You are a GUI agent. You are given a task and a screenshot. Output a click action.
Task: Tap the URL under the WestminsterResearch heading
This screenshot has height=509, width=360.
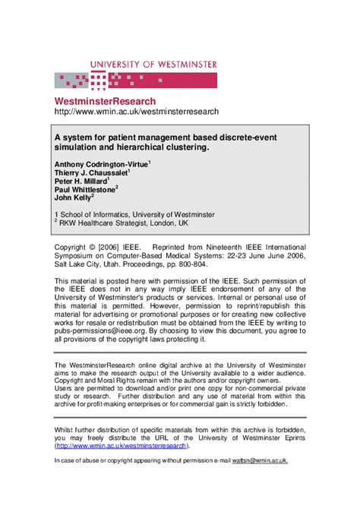point(136,112)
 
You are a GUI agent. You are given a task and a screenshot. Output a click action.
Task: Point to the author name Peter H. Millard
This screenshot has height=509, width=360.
point(81,183)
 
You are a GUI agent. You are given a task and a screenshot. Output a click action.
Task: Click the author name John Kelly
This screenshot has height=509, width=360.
point(73,203)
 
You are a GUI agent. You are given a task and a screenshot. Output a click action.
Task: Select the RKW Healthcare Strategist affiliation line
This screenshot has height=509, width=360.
point(125,225)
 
